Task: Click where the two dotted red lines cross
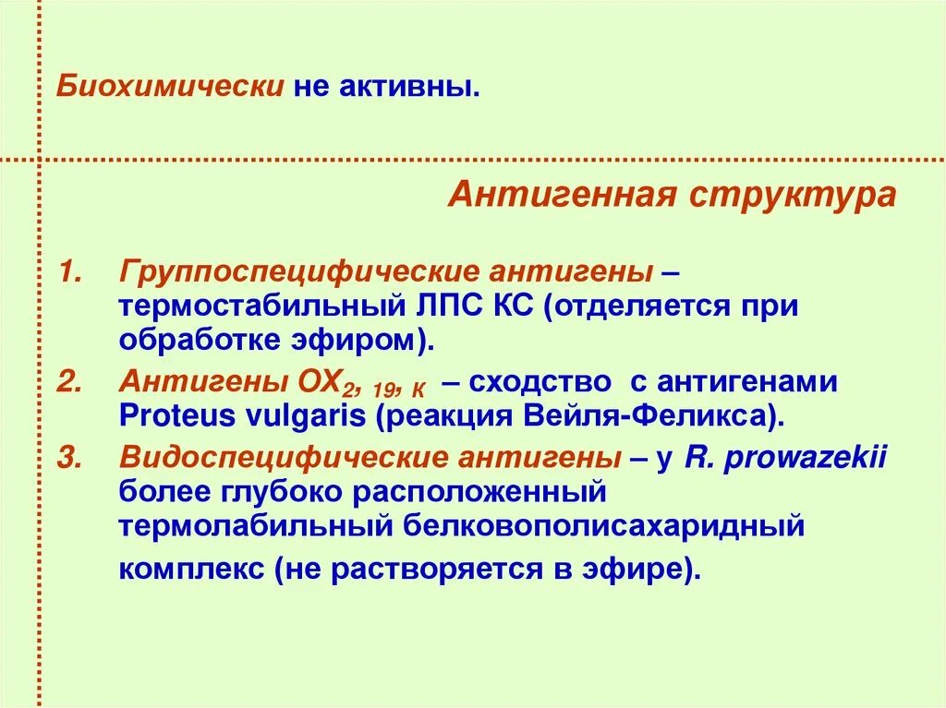pyautogui.click(x=40, y=160)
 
